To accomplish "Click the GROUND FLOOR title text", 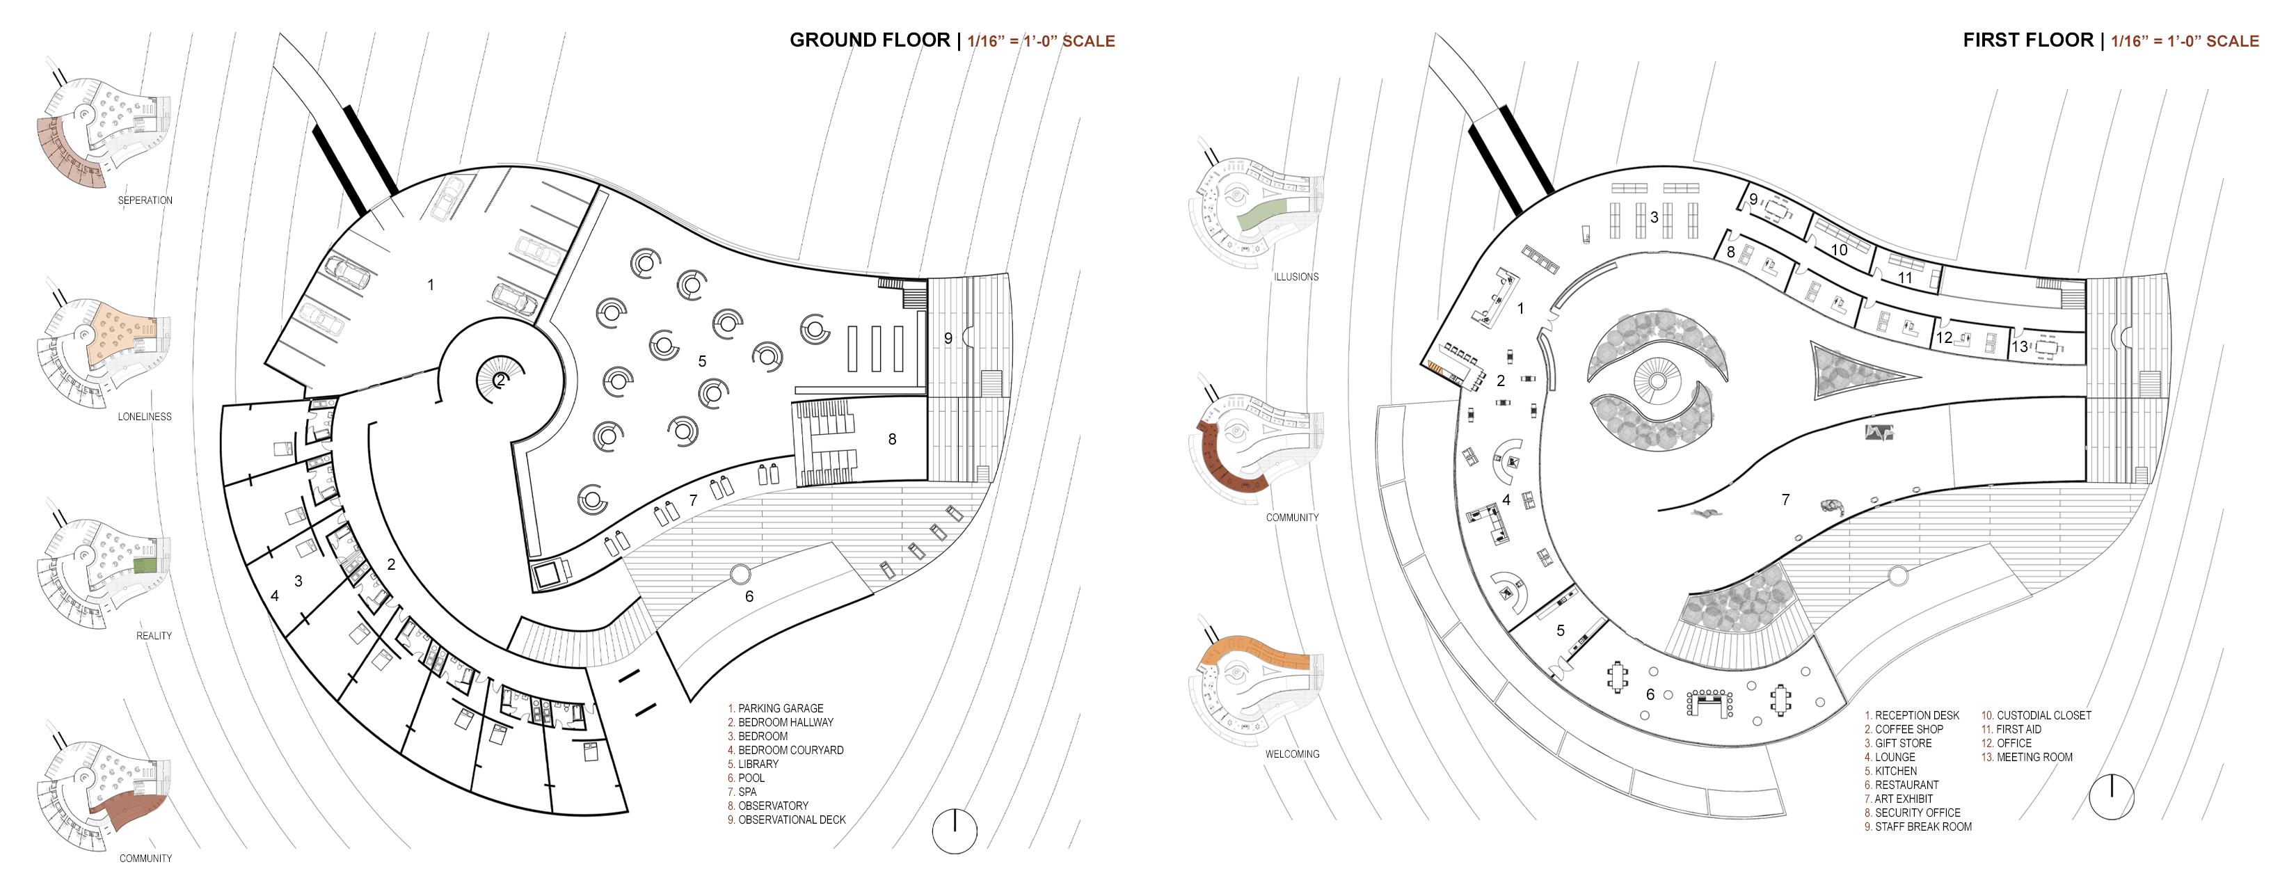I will coord(869,40).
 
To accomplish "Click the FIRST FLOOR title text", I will coord(2027,40).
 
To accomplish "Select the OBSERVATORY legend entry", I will coord(772,806).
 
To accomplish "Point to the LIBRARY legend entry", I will coord(758,764).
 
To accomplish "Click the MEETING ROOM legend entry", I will coord(2033,757).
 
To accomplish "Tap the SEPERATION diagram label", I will coord(145,200).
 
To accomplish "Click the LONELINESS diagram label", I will coord(145,416).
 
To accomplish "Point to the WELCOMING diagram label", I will coord(1291,754).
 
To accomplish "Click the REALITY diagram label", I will coord(153,636).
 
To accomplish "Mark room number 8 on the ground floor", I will coord(892,438).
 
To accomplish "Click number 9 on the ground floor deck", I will coord(948,339).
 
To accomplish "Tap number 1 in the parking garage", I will coord(431,285).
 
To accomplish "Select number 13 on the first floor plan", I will coord(2020,346).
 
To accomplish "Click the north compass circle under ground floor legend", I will coord(955,831).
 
